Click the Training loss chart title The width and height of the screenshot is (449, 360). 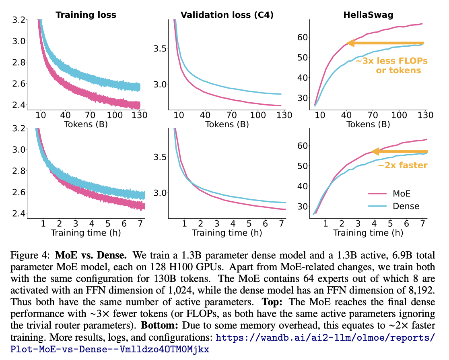[x=86, y=15]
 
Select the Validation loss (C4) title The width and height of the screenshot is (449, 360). [x=227, y=15]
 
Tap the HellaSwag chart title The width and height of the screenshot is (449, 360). [x=368, y=15]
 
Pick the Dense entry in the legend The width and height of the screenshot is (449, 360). [x=406, y=206]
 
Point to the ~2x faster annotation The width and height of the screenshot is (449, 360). [x=402, y=165]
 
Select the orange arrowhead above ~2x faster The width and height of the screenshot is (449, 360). [x=374, y=152]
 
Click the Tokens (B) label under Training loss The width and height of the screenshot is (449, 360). [x=85, y=124]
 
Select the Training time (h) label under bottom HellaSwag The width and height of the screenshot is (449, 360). [x=368, y=233]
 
